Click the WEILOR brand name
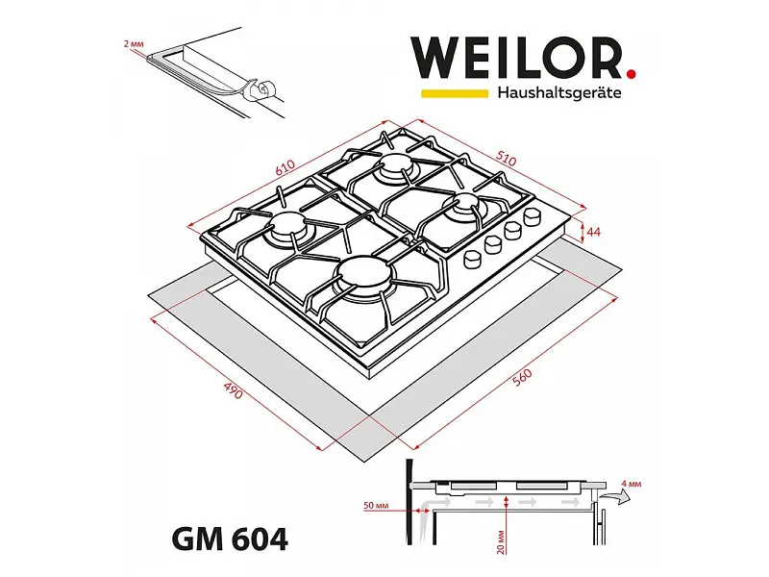pos(518,58)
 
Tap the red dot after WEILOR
pos(632,74)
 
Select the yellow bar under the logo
pos(455,93)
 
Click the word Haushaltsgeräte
pos(559,92)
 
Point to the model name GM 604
pos(229,539)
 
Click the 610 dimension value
pos(285,167)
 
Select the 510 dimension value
pos(506,159)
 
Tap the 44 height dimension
pos(593,232)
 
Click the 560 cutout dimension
pos(522,377)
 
